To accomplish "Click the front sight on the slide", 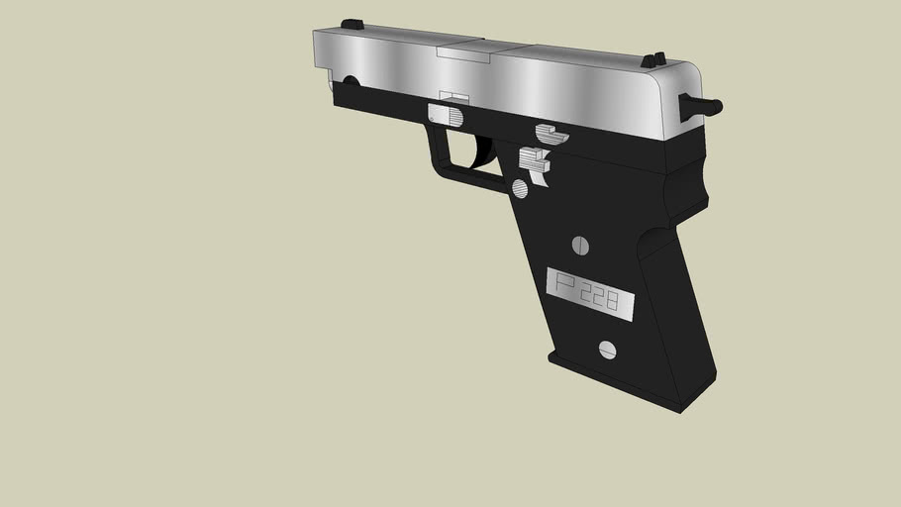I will click(351, 25).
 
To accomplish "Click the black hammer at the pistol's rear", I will click(700, 104).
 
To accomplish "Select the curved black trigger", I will click(484, 151).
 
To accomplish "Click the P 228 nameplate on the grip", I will click(590, 292).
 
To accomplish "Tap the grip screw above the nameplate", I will click(581, 245).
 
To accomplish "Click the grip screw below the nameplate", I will click(608, 350).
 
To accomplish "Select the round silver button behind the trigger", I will click(521, 188).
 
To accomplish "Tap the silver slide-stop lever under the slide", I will click(551, 133).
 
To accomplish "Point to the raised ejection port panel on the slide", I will click(460, 51).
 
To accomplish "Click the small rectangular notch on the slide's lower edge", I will click(454, 96).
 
